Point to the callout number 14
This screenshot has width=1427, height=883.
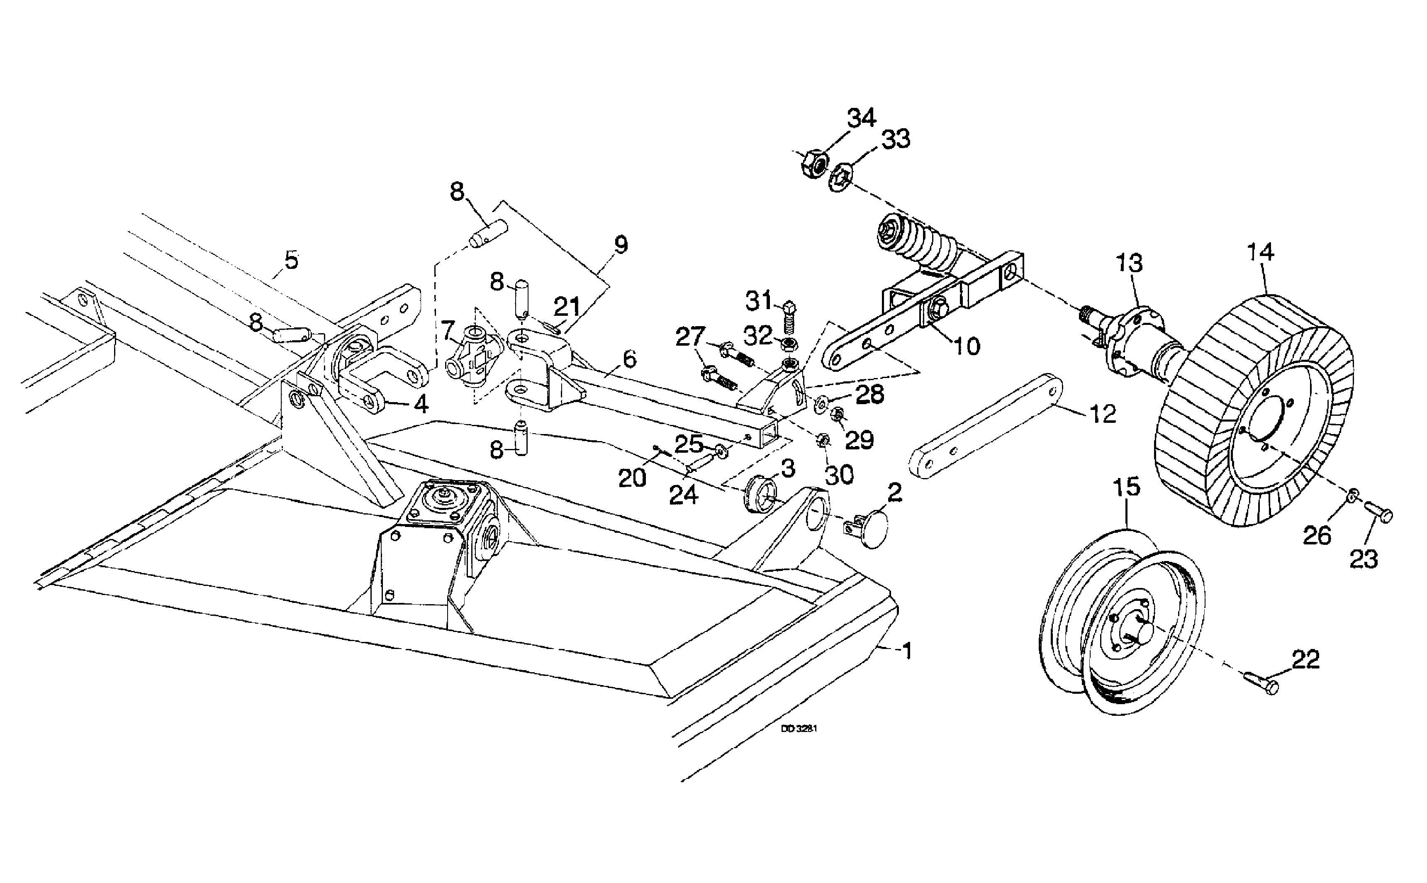point(1261,252)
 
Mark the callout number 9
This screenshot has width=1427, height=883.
point(621,245)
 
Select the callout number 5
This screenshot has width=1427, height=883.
point(291,260)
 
